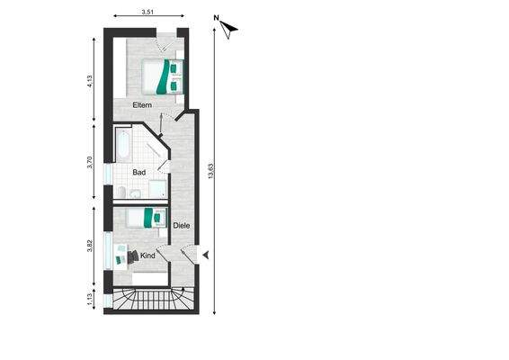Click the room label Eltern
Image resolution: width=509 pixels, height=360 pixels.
(x=142, y=107)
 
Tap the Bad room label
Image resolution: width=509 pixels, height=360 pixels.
(x=139, y=171)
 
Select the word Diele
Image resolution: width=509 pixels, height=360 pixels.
(x=181, y=225)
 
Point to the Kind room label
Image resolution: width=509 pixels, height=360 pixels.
(x=148, y=256)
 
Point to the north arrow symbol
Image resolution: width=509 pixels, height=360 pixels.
(x=230, y=28)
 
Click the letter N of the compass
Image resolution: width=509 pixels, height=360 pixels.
(x=217, y=17)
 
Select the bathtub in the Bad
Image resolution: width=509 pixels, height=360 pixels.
(x=123, y=145)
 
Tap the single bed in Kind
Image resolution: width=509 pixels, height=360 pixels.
(x=146, y=217)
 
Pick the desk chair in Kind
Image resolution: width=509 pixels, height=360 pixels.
(x=133, y=256)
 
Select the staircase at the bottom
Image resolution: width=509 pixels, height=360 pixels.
(x=148, y=299)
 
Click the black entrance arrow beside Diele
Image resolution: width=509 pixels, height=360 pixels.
(x=205, y=256)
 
